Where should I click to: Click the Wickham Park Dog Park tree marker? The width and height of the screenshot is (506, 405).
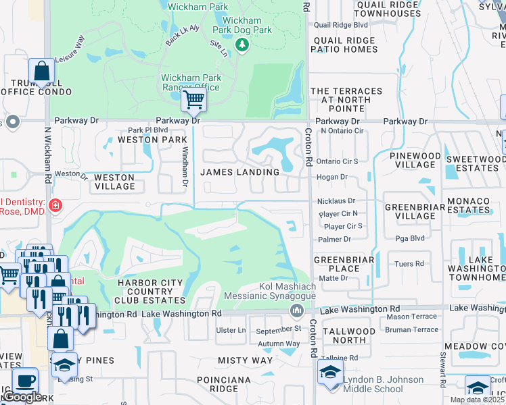click(242, 45)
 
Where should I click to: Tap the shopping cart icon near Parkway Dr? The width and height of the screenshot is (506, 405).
click(194, 101)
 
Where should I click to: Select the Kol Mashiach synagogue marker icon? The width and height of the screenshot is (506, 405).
click(296, 310)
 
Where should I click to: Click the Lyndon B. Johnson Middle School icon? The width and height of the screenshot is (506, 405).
click(330, 373)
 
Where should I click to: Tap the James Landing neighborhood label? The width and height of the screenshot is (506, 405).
click(240, 172)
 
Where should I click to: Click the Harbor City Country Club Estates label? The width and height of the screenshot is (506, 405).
click(151, 291)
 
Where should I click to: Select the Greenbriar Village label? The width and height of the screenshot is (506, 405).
click(410, 211)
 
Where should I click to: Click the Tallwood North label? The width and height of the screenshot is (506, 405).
click(348, 336)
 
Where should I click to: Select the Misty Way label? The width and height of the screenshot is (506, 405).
click(246, 361)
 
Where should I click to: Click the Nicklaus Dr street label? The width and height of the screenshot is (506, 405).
click(336, 201)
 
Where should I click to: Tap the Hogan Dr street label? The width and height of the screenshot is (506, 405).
click(331, 177)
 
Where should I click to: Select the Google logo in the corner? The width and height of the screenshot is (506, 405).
click(22, 397)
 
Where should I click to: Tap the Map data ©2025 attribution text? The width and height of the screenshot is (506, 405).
click(477, 400)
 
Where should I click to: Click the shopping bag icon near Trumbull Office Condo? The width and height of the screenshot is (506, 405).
click(41, 72)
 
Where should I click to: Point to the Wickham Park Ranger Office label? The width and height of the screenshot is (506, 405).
click(190, 82)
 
